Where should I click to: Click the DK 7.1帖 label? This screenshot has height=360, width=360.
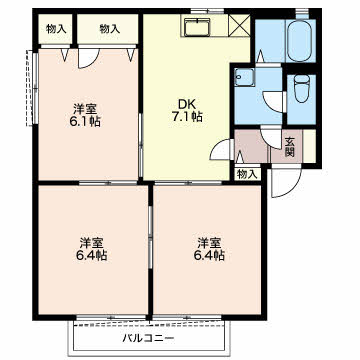click(188, 110)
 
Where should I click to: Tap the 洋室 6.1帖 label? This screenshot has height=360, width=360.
click(85, 115)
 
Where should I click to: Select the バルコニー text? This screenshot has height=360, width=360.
click(149, 339)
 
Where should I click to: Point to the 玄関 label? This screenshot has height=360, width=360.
click(289, 147)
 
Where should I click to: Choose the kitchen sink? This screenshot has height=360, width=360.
click(197, 26)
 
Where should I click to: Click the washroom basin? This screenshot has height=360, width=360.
click(244, 77)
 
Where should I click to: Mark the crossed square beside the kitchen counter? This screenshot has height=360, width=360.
click(240, 25)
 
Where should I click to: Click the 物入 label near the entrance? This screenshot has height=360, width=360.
click(248, 174)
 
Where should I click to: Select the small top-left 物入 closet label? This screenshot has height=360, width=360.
click(55, 29)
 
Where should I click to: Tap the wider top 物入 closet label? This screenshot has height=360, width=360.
click(109, 29)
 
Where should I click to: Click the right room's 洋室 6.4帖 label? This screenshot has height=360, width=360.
click(210, 249)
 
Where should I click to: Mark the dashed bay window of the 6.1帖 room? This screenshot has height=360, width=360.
click(30, 88)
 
